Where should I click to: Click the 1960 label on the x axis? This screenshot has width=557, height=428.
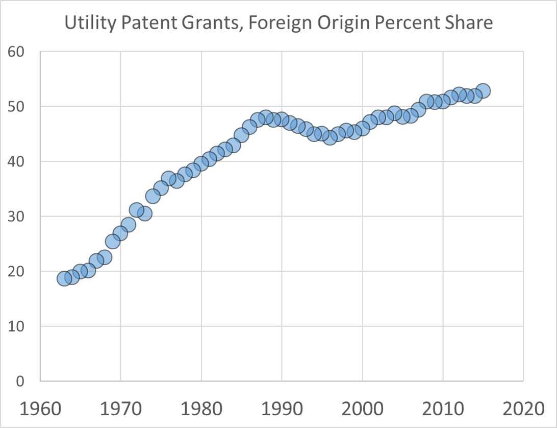[x=40, y=410]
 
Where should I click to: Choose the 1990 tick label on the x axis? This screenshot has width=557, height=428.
[x=282, y=410]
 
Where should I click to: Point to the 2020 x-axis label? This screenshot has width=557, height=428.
[x=523, y=410]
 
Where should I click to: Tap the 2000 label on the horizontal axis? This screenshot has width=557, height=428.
[x=362, y=410]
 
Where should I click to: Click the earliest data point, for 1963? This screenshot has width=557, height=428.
[x=64, y=278]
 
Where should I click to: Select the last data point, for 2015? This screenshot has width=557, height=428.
[x=483, y=91]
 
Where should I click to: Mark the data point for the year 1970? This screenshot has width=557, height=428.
[x=121, y=233]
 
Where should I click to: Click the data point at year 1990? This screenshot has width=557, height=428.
[x=282, y=120]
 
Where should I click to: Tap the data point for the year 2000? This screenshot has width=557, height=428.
[x=362, y=128]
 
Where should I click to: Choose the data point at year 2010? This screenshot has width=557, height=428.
[x=443, y=101]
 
